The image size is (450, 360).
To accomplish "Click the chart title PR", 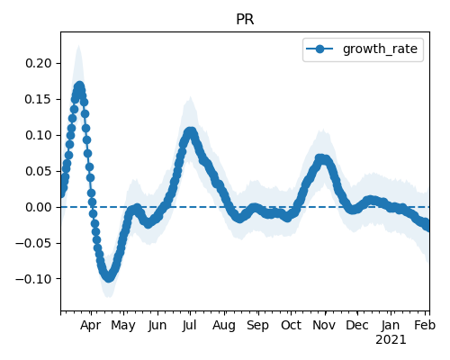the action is tap(245, 20).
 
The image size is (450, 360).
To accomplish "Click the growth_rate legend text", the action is tap(380, 49).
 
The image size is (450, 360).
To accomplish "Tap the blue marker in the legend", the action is tap(319, 49).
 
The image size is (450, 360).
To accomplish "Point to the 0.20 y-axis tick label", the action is tap(39, 63).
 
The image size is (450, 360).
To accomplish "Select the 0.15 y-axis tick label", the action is tap(39, 99).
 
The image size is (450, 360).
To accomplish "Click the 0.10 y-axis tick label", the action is tap(39, 135).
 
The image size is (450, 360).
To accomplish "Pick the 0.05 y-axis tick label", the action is tap(39, 171).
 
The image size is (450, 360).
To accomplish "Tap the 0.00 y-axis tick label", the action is tap(39, 207).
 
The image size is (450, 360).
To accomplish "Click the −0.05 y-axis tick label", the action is tap(33, 243).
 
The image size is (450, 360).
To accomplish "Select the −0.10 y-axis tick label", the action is tap(33, 279).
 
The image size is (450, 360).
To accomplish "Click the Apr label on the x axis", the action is tap(91, 326).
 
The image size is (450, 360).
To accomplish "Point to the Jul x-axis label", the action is tap(190, 326).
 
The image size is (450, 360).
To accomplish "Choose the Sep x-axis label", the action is tap(257, 326).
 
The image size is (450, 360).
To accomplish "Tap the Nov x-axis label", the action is tap(324, 326).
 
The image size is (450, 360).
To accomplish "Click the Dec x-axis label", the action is tap(357, 326).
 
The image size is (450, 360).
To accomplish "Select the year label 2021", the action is tap(391, 340).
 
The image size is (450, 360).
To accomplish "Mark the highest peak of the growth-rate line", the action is tap(79, 86).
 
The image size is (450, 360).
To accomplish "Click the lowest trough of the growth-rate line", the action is tap(109, 276).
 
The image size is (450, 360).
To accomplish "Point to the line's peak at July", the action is tap(190, 131).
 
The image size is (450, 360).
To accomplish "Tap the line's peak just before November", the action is tap(321, 158).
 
